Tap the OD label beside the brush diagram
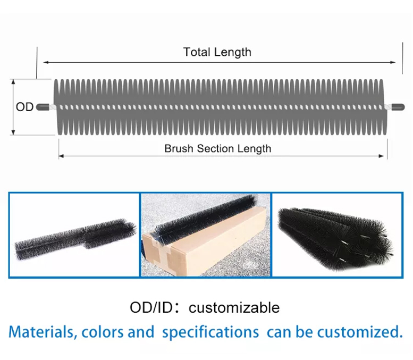tap(24, 107)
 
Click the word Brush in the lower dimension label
tap(179, 148)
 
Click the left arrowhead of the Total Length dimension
tap(46, 62)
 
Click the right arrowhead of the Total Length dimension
tap(393, 62)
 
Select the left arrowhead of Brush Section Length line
tap(61, 156)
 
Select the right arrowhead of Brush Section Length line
tap(381, 156)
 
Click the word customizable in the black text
tap(234, 307)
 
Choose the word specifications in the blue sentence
tap(210, 332)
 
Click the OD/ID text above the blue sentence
tap(151, 307)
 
